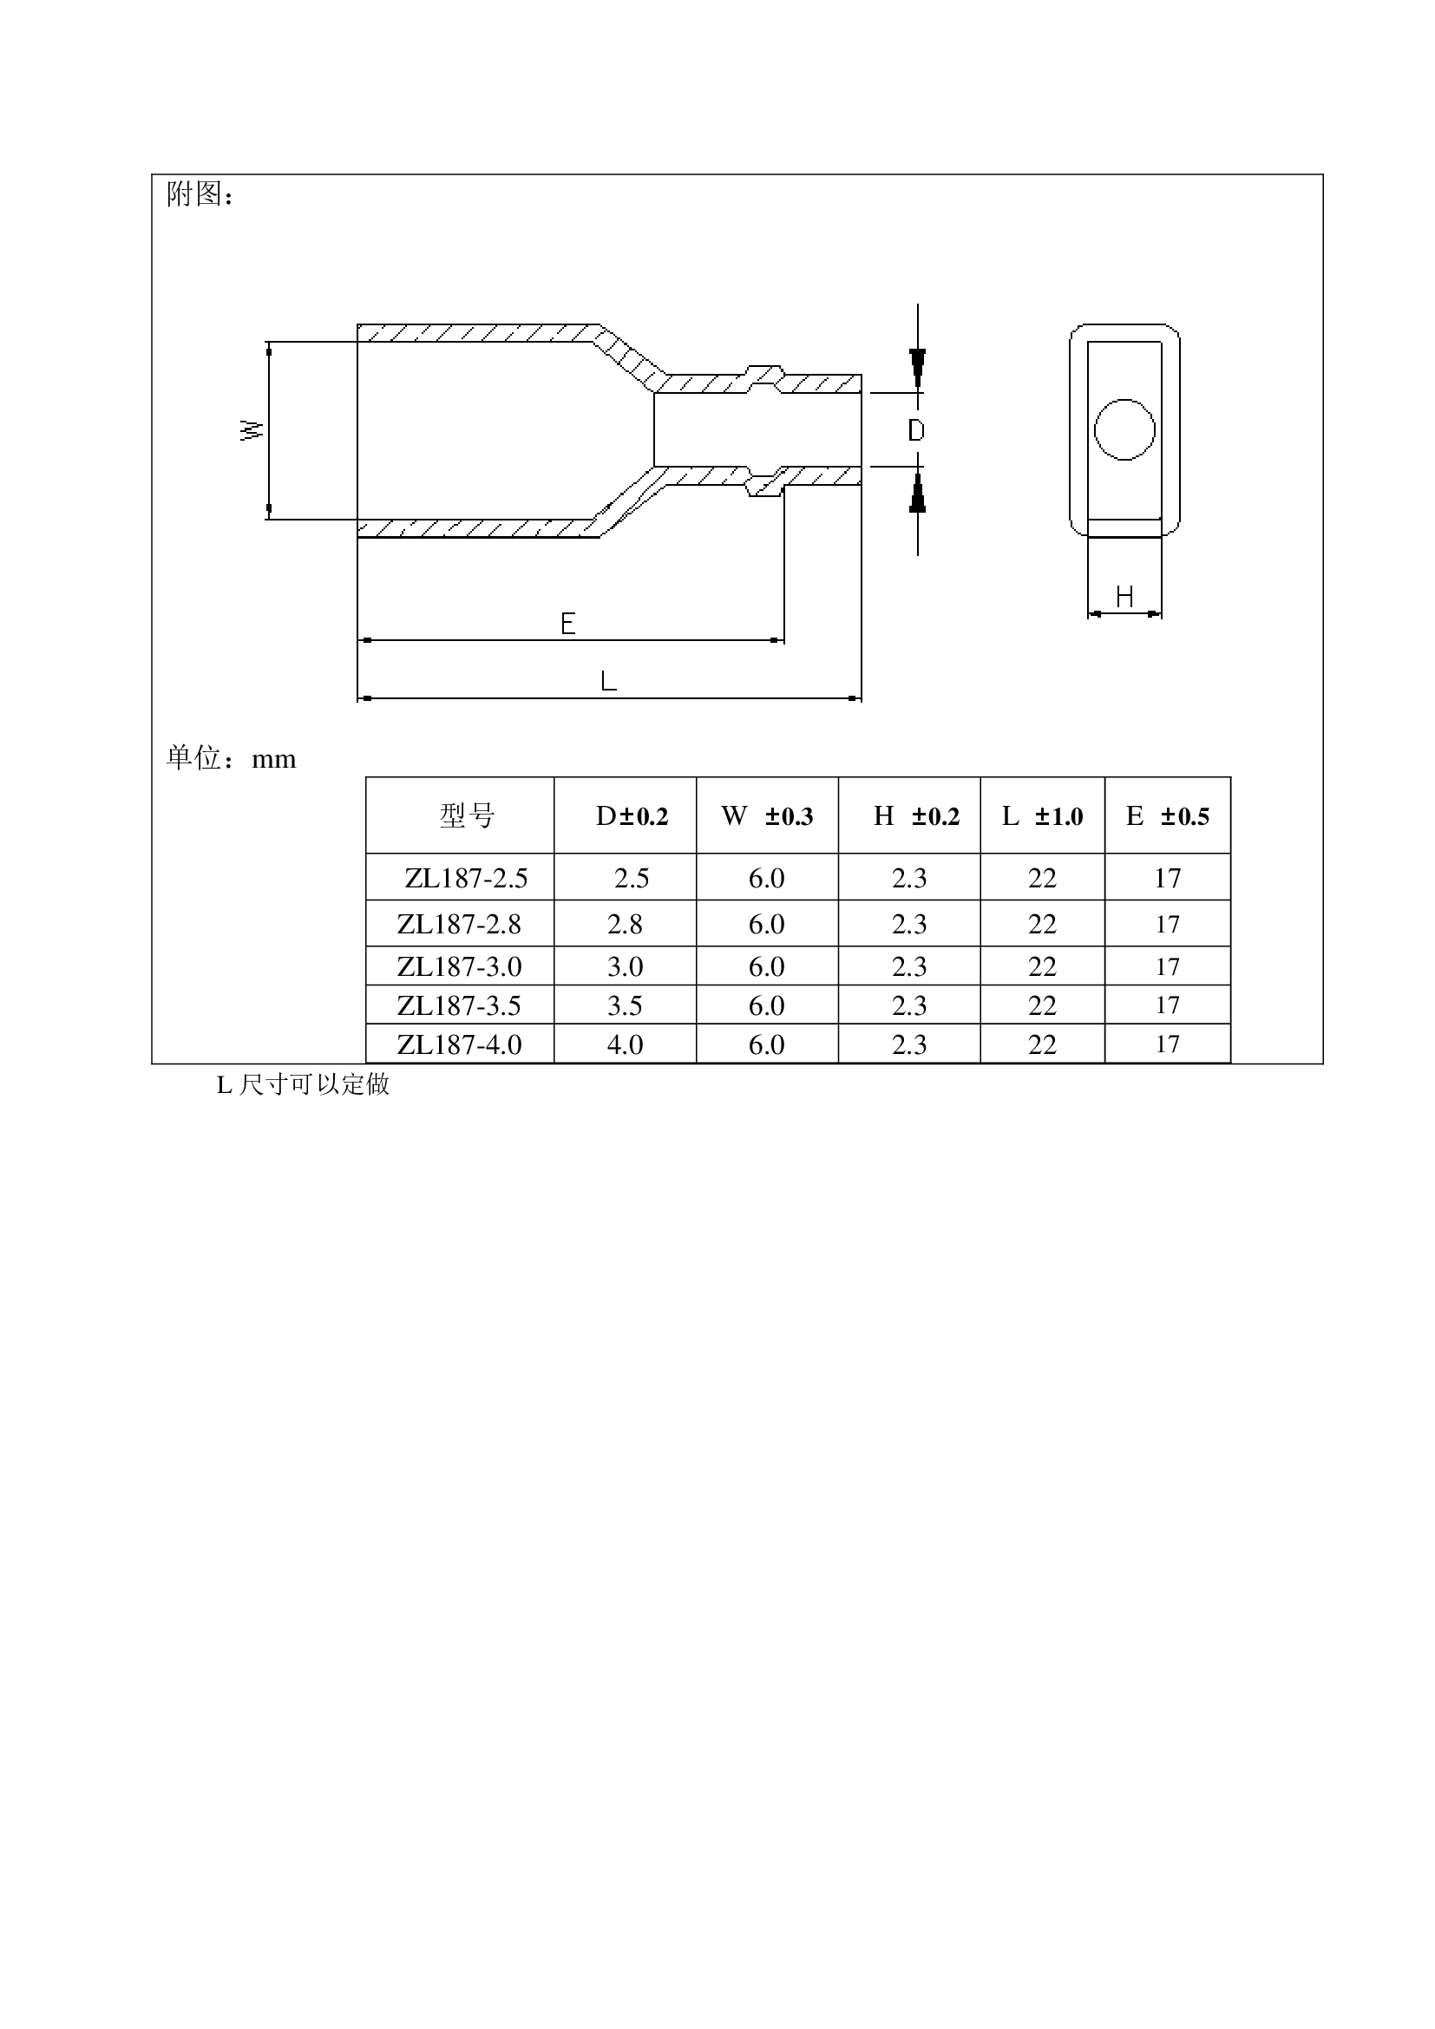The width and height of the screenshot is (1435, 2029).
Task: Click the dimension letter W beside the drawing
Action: (252, 430)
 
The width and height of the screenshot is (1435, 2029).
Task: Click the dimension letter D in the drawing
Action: (916, 430)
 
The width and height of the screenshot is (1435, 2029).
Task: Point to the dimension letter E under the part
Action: (568, 624)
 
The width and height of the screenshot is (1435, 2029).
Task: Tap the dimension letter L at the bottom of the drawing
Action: (608, 681)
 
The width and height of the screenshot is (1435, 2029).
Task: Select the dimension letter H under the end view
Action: (1124, 598)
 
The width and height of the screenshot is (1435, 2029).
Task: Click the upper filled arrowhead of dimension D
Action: (918, 369)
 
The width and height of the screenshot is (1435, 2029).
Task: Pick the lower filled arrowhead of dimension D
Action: (918, 492)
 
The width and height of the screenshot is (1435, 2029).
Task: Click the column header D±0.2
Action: (632, 816)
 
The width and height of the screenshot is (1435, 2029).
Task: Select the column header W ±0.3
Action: (767, 816)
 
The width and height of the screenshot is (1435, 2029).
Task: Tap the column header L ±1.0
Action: (1043, 816)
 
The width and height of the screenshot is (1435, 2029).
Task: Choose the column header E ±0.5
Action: (1167, 816)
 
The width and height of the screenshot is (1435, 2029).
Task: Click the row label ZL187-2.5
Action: (466, 879)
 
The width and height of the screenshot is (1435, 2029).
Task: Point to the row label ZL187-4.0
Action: (460, 1044)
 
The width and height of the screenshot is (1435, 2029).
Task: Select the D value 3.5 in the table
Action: (625, 1005)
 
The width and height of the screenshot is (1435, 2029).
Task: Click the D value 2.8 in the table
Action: (625, 925)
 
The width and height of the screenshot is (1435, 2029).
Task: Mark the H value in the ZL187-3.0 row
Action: (909, 966)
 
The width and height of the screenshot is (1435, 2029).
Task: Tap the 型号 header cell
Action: (468, 815)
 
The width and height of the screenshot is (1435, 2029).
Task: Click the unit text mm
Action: (274, 760)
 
